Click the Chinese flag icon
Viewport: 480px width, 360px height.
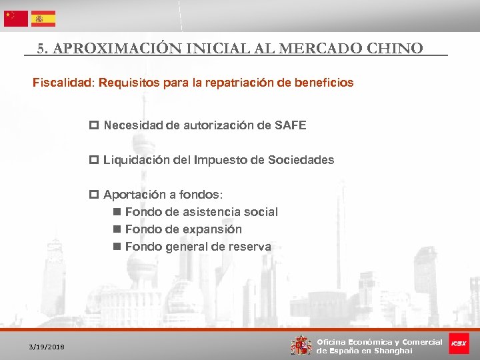point(16,19)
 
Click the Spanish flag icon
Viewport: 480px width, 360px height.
point(43,19)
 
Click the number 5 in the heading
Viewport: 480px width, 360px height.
point(41,48)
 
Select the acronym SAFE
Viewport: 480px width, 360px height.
point(290,125)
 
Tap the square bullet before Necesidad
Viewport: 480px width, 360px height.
point(93,125)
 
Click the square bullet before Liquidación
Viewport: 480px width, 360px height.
point(93,160)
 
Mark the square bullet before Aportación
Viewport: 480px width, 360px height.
point(93,195)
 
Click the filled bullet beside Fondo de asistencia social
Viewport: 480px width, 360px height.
point(117,213)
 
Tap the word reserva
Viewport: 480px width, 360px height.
point(250,247)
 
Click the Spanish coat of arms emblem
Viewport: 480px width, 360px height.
point(301,345)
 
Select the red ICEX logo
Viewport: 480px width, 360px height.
point(459,343)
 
